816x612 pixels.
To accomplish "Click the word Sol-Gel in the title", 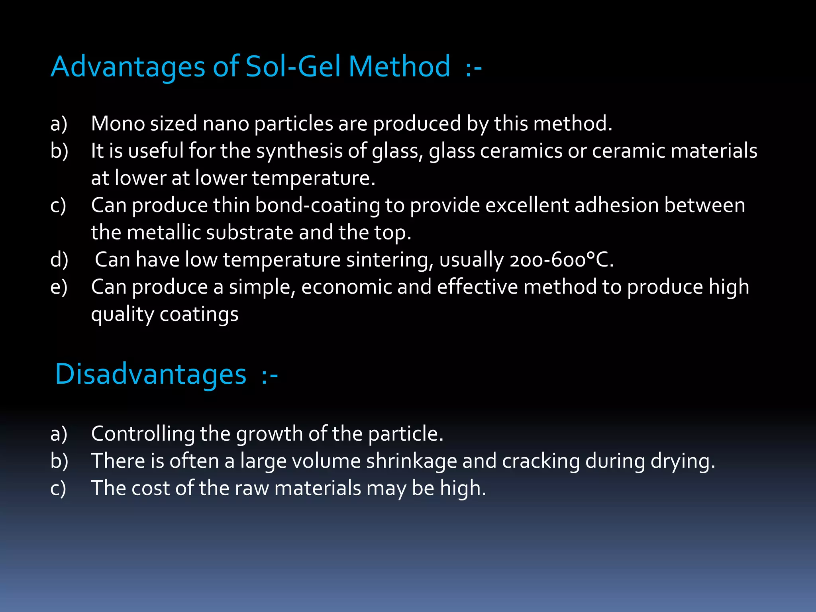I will (x=293, y=67).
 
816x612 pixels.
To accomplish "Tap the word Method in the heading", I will (x=399, y=67).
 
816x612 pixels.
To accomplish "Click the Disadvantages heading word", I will (x=151, y=375).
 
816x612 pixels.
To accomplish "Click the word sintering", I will (x=390, y=260).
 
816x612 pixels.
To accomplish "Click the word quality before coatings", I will (x=122, y=315).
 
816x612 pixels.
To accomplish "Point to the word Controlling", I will (x=143, y=433).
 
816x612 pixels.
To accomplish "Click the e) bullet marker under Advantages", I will (x=59, y=287).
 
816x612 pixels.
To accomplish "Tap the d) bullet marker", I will (x=59, y=260).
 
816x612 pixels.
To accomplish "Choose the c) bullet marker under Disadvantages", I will (x=58, y=488).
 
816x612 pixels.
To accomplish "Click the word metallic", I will (x=164, y=233).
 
